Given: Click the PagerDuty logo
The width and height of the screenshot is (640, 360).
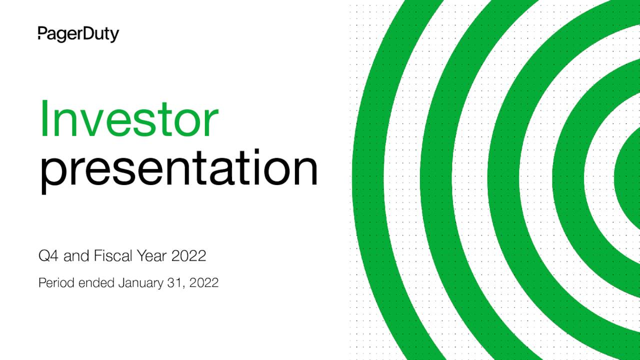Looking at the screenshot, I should click(x=78, y=34).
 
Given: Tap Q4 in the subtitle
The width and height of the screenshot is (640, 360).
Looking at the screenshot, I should click(x=49, y=256).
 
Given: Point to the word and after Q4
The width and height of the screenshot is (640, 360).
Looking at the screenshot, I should click(x=76, y=256).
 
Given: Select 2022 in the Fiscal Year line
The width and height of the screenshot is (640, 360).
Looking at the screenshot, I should click(x=188, y=256).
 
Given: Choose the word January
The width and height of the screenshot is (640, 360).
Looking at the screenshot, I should click(x=140, y=283).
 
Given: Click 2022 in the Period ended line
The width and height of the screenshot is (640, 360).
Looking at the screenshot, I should click(x=204, y=283).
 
